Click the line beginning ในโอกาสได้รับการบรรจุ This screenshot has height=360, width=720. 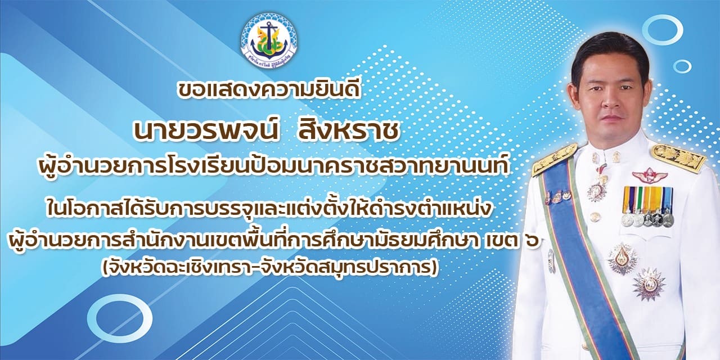click(269, 208)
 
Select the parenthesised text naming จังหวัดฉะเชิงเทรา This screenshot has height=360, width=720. click(269, 268)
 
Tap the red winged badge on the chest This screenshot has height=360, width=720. click(650, 175)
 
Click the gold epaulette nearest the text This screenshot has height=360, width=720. click(553, 160)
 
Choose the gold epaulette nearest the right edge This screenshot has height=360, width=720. click(678, 158)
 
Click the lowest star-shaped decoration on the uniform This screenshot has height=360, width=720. click(649, 284)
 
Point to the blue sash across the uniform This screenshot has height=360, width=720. click(582, 257)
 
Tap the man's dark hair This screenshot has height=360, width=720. click(609, 58)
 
